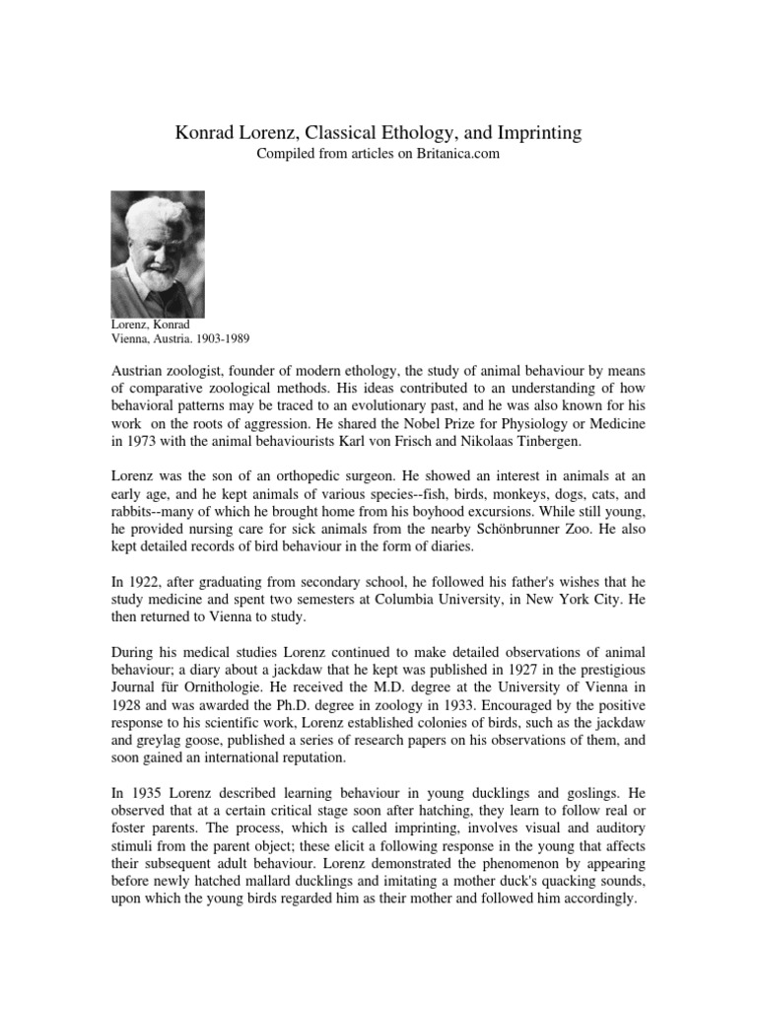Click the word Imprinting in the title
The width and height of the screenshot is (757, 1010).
[x=532, y=131]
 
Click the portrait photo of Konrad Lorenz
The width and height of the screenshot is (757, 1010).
[x=158, y=253]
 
